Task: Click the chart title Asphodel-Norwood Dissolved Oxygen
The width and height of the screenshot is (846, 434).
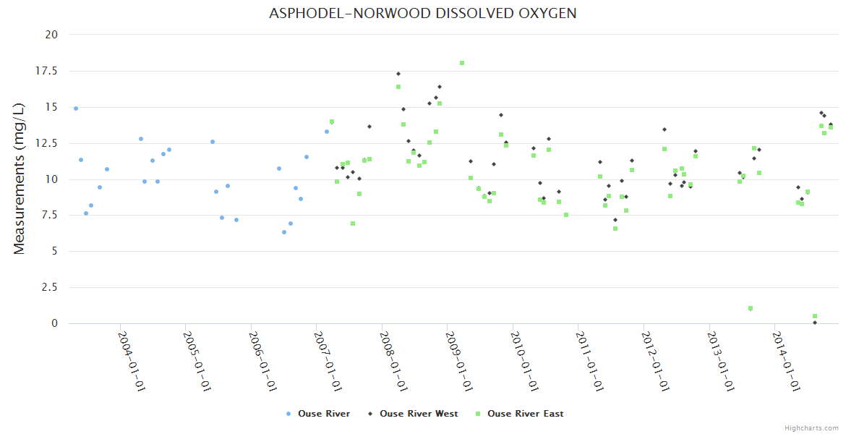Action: (423, 14)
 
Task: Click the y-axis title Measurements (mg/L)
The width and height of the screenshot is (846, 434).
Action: (20, 178)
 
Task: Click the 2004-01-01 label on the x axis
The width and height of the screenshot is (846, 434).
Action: (132, 361)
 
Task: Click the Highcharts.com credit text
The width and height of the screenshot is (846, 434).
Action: (811, 427)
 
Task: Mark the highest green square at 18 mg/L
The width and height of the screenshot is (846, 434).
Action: (462, 63)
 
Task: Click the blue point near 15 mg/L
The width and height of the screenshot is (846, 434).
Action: (76, 109)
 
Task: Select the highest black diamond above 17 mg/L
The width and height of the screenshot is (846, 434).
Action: (398, 74)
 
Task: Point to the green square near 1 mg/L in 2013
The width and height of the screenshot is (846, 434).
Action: (751, 308)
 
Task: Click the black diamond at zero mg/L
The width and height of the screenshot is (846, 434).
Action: (815, 323)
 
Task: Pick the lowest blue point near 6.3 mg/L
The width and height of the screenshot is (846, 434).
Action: (284, 232)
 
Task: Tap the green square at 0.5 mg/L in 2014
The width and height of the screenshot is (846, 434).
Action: (815, 316)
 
